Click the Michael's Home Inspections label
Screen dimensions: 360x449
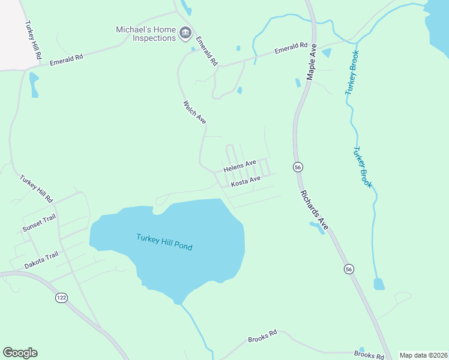pos(146,34)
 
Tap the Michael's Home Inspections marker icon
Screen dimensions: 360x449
pos(185,32)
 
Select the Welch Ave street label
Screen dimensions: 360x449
pos(194,112)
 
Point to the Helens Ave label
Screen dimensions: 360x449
pos(240,166)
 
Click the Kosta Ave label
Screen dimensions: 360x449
pos(246,181)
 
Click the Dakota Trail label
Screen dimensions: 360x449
pos(41,260)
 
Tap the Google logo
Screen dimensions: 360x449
pos(20,353)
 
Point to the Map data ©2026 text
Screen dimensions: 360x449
pos(423,355)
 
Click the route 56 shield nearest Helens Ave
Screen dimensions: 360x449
pos(297,167)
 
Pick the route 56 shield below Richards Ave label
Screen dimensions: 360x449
pos(349,269)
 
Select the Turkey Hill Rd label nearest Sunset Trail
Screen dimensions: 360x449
pos(37,188)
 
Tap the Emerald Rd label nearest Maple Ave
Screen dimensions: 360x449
pos(291,49)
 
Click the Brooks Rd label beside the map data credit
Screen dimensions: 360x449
pos(369,354)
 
